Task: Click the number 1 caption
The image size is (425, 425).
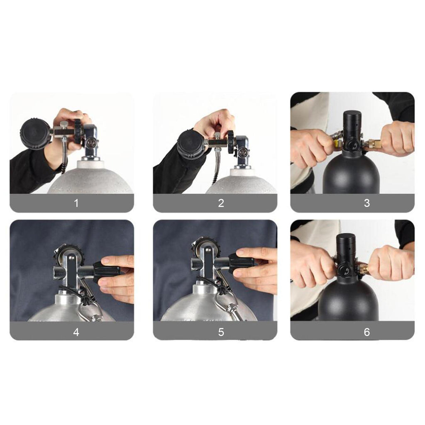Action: pyautogui.click(x=76, y=203)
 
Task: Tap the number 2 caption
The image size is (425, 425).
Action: pyautogui.click(x=221, y=203)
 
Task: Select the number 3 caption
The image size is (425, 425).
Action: pyautogui.click(x=367, y=203)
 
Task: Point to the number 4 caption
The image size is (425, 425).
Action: pyautogui.click(x=76, y=332)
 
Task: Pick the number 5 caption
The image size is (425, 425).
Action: pyautogui.click(x=221, y=332)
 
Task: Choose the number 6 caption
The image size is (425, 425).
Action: pyautogui.click(x=367, y=332)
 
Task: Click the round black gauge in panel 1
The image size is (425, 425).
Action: pyautogui.click(x=35, y=133)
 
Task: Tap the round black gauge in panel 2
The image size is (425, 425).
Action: pyautogui.click(x=191, y=145)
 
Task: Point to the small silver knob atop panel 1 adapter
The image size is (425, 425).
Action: pyautogui.click(x=64, y=125)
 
